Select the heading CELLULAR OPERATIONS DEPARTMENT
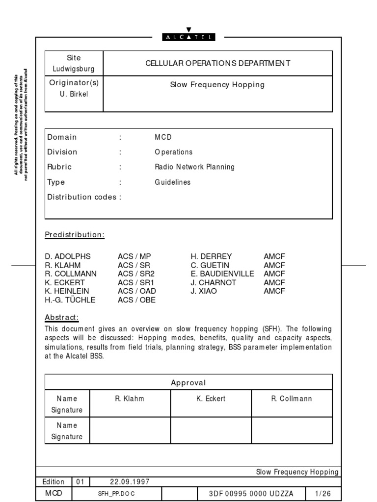tap(218, 63)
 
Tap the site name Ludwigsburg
tap(74, 69)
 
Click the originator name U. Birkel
tap(74, 94)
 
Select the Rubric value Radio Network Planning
tap(194, 167)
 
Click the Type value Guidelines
tap(172, 182)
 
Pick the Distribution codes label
tap(84, 197)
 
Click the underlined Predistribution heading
tap(75, 235)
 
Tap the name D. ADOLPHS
tap(68, 256)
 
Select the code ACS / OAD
tap(137, 291)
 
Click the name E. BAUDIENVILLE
tap(222, 274)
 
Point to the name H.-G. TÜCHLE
tap(70, 300)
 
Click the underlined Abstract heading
tap(61, 317)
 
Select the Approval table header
tap(188, 382)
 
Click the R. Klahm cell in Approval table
tap(130, 399)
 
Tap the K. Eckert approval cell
tap(211, 399)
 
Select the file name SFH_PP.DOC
tap(116, 494)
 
